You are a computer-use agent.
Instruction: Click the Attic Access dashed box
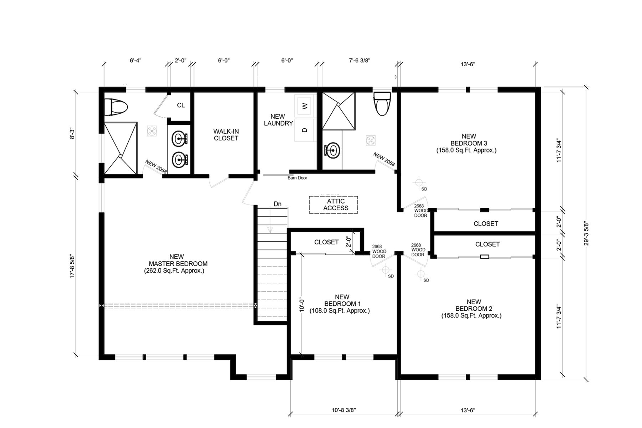333,205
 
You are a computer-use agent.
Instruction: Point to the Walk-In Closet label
226,135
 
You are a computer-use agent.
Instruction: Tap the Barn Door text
297,178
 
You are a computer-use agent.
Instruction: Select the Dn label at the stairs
277,204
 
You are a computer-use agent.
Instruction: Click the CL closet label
181,105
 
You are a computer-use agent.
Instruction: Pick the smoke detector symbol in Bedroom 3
418,183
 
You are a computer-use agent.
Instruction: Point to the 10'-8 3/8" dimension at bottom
343,410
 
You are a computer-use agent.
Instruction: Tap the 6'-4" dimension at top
136,61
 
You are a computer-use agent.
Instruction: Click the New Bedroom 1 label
340,304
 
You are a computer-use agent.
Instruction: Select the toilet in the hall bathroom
382,104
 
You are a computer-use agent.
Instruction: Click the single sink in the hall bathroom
332,150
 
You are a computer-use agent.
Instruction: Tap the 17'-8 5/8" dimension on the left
73,266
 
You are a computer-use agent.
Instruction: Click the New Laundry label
278,120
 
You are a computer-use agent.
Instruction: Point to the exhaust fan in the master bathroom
152,130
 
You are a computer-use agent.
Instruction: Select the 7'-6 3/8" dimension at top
360,61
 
